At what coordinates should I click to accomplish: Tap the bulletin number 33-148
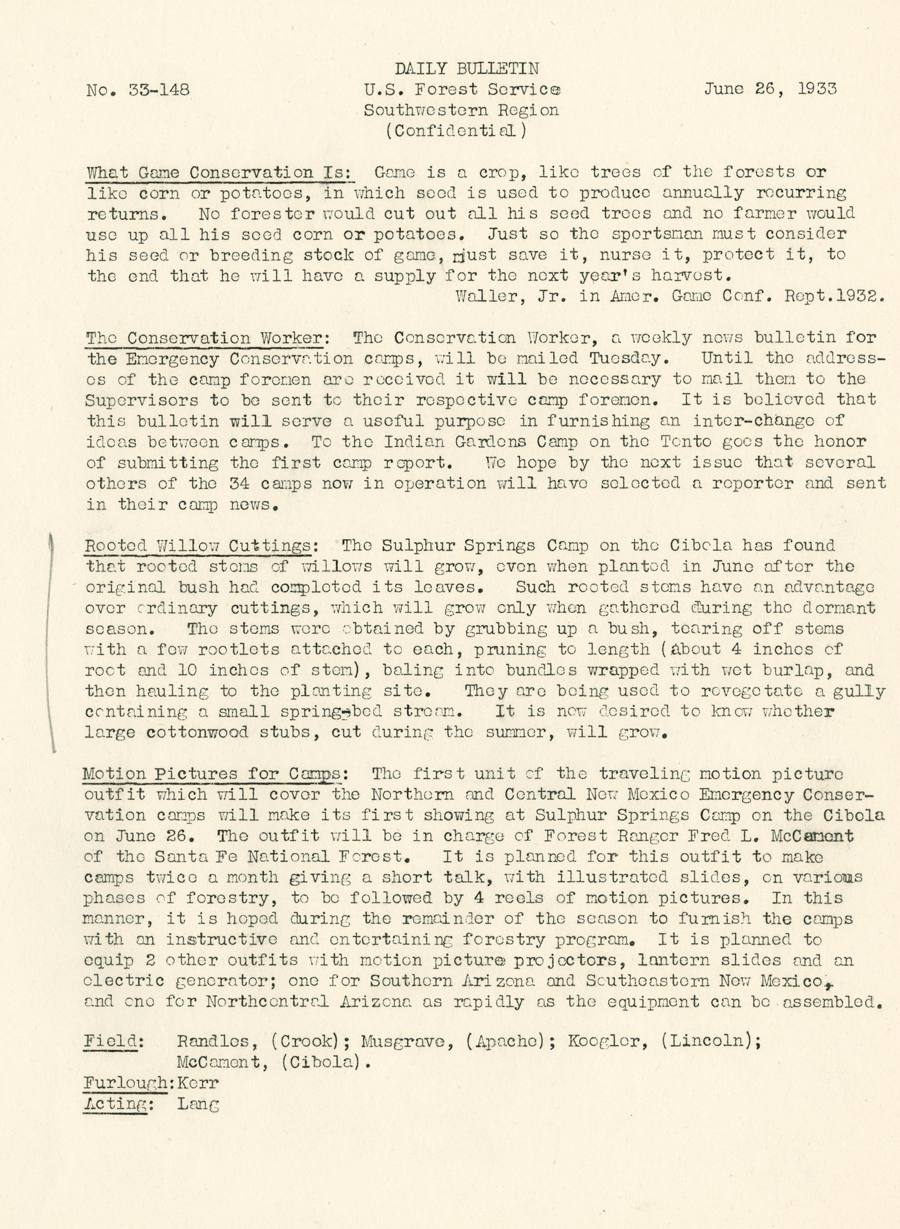tap(159, 89)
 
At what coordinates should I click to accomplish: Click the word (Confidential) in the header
tap(456, 131)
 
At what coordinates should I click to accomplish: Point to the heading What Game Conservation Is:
tap(220, 173)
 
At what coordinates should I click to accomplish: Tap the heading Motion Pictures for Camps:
tap(215, 773)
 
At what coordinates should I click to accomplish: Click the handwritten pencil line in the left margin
tap(52, 643)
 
